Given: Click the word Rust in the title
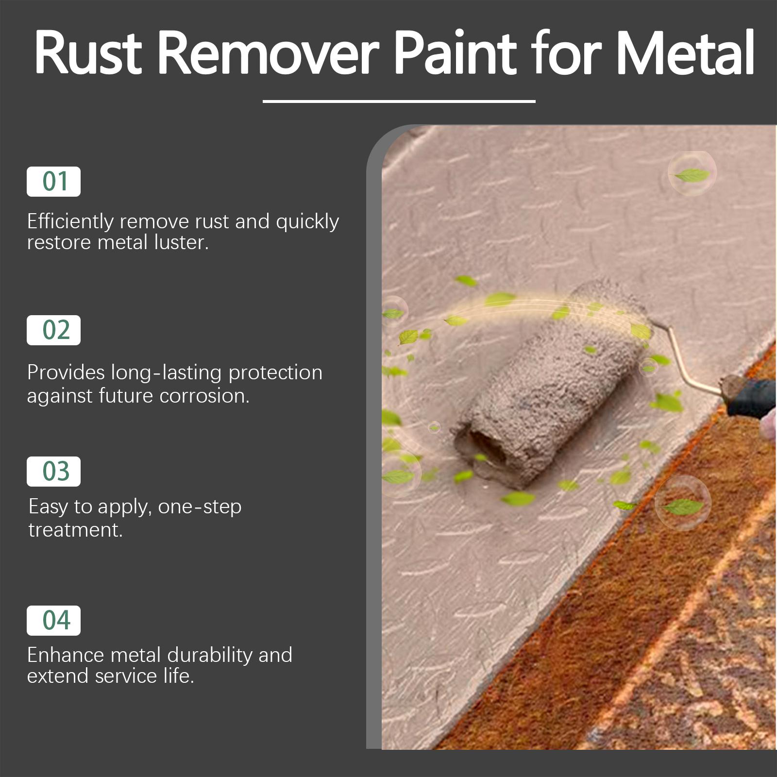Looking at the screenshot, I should [x=87, y=52].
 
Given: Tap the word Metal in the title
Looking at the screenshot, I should [x=685, y=52].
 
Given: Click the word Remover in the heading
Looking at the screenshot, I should [x=268, y=52].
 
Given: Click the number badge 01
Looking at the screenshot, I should [x=54, y=182].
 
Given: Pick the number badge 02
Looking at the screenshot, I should [x=54, y=330].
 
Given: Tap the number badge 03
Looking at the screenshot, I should [x=54, y=472].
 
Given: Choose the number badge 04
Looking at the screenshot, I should [x=54, y=621].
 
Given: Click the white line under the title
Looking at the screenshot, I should [x=399, y=101].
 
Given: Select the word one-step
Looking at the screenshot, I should [x=200, y=507].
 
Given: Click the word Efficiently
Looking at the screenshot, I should [x=70, y=222].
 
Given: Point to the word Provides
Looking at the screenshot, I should [x=66, y=372].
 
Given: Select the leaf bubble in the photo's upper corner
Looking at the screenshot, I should [x=692, y=174].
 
